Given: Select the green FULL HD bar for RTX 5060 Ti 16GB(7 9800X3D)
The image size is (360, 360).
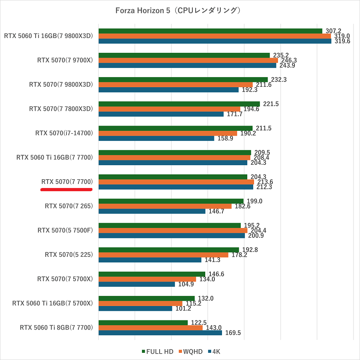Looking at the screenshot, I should [x=210, y=31].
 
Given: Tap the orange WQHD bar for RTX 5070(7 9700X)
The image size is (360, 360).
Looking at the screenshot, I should [x=188, y=60].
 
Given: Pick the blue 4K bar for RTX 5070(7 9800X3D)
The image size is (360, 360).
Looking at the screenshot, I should [x=168, y=90].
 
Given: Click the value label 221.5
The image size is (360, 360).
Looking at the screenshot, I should [x=271, y=104].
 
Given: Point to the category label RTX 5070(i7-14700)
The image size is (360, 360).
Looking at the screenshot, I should [x=64, y=133].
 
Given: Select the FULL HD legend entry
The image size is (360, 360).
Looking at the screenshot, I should [x=158, y=352].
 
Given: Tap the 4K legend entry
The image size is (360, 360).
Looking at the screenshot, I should [x=214, y=352].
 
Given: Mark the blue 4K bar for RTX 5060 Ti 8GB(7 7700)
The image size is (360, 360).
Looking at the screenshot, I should [x=160, y=333].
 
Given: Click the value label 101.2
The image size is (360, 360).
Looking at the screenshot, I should [x=183, y=308].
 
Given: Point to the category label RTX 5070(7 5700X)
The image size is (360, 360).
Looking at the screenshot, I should [x=65, y=279].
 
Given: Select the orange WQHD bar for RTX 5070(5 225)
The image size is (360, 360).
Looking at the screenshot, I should [x=163, y=255].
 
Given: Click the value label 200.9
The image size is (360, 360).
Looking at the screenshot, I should [x=256, y=236].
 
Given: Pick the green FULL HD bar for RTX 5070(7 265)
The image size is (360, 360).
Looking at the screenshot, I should [x=171, y=201].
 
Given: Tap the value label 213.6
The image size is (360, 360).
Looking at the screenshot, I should [x=265, y=182].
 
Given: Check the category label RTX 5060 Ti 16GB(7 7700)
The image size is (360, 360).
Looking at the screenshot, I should [x=54, y=157].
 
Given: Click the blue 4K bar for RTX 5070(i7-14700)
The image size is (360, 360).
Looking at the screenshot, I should [x=156, y=138].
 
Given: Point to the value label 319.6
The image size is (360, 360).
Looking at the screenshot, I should [x=342, y=41].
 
